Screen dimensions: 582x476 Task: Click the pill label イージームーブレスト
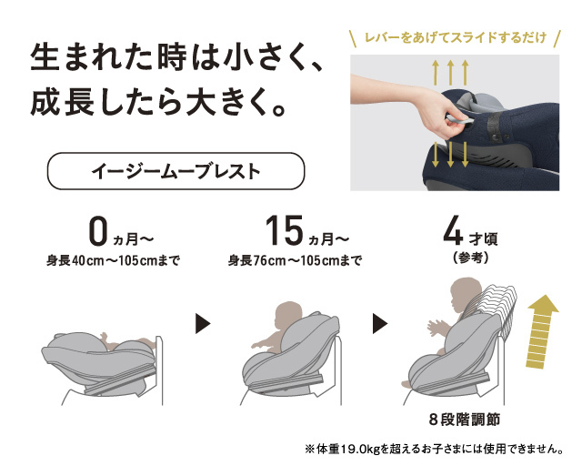coord(176,171)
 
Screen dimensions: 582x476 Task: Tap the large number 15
coord(285,231)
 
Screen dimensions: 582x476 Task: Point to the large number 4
coord(453,231)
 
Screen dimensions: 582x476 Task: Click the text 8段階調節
coord(465,420)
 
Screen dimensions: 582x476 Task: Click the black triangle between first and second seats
coord(203,324)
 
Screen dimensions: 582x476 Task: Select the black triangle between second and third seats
coord(380,324)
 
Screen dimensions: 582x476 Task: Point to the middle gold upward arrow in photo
coord(450,72)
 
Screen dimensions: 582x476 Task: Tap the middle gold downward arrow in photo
coord(450,155)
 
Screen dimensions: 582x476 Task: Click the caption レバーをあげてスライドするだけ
coord(456,38)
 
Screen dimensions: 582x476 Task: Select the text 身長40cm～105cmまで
coord(113,260)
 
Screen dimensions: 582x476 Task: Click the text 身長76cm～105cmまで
coord(295,260)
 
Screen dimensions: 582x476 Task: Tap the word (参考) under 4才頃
coord(471,258)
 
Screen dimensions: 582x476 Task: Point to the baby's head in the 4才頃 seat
coord(466,292)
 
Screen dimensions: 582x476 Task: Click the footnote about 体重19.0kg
coord(434,450)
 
